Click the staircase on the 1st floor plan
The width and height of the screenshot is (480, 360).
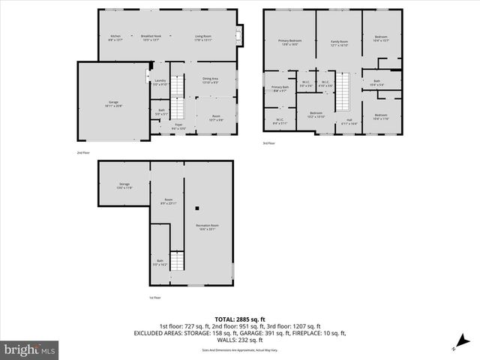tap(178, 262)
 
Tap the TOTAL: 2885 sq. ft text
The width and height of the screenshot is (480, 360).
tap(239, 319)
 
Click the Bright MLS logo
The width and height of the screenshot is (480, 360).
tap(30, 349)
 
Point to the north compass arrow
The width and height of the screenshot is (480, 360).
tap(454, 347)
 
